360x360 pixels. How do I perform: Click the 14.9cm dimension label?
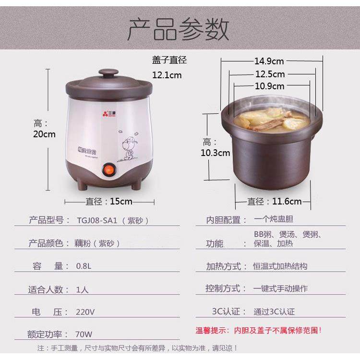click(269, 61)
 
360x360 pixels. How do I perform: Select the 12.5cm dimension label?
click(270, 74)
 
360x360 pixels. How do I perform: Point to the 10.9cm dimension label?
click(269, 86)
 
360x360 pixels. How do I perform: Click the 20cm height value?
click(44, 134)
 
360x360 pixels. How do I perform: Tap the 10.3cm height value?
click(216, 153)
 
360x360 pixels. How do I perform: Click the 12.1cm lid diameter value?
click(167, 75)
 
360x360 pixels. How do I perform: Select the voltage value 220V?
click(85, 312)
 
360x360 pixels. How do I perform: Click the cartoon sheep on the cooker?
click(129, 144)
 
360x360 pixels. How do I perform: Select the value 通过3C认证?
click(274, 312)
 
